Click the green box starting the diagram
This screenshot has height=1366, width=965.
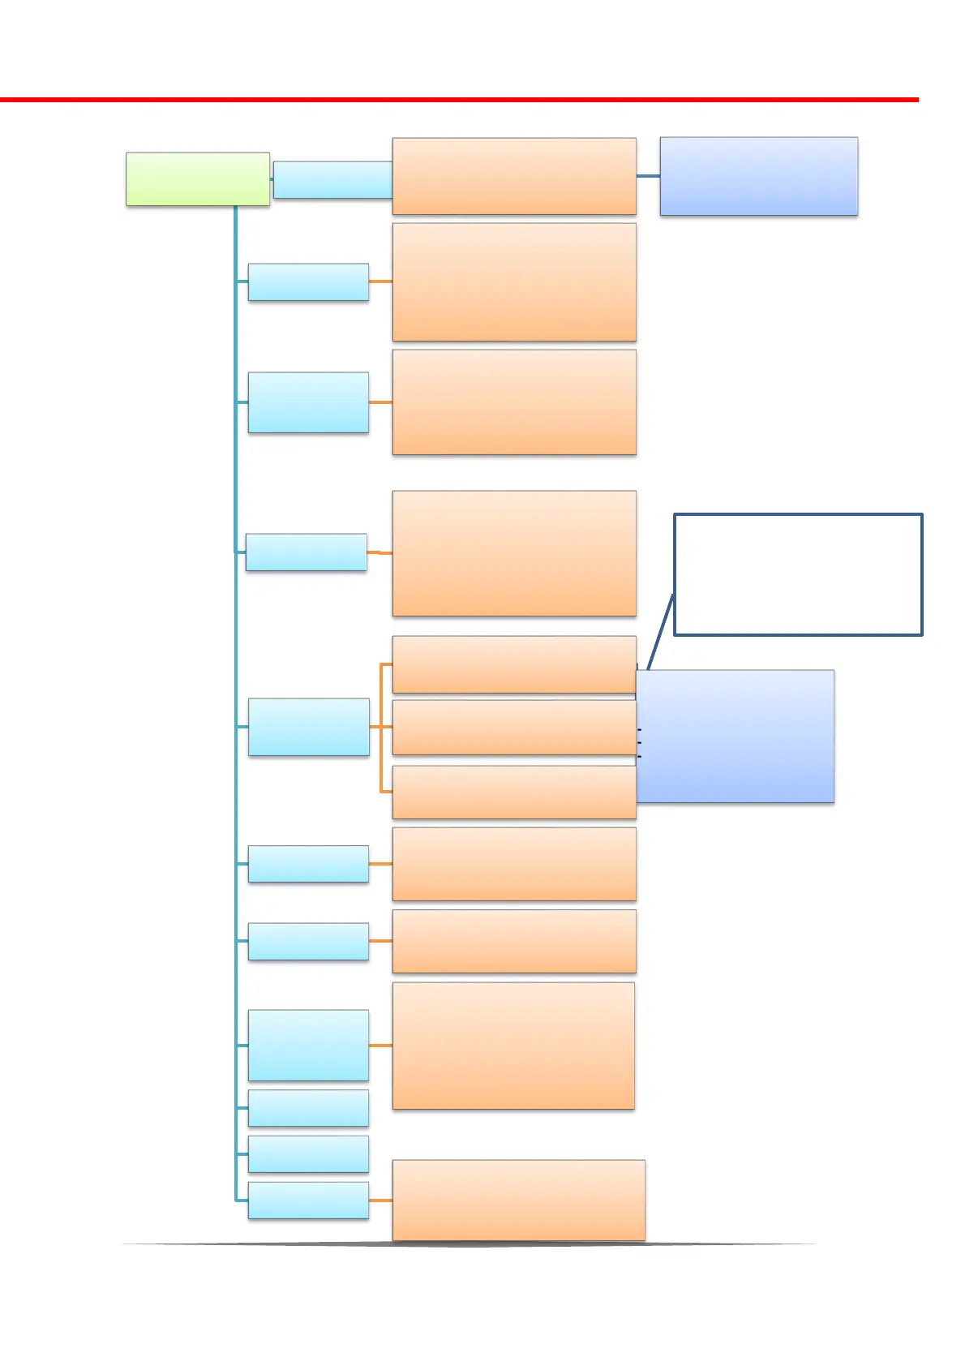pyautogui.click(x=197, y=178)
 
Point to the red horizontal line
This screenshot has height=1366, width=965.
pyautogui.click(x=458, y=100)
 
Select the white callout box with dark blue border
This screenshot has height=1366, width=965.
pyautogui.click(x=798, y=573)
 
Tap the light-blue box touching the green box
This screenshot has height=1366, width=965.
pyautogui.click(x=332, y=179)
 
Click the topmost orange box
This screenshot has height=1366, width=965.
pyautogui.click(x=513, y=176)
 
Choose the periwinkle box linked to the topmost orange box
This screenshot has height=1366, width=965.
pyautogui.click(x=758, y=176)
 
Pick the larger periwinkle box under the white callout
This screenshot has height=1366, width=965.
pyautogui.click(x=735, y=737)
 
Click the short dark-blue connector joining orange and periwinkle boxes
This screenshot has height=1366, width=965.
pyautogui.click(x=648, y=176)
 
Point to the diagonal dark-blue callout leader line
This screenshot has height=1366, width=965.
pyautogui.click(x=660, y=633)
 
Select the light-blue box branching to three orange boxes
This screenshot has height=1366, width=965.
pyautogui.click(x=308, y=727)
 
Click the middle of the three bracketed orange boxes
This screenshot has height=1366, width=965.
pyautogui.click(x=513, y=728)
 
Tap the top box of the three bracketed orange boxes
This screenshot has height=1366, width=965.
pyautogui.click(x=513, y=664)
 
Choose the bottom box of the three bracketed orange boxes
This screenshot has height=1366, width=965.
pyautogui.click(x=513, y=792)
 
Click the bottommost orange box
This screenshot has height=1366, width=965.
pyautogui.click(x=518, y=1200)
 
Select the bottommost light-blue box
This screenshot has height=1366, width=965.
pyautogui.click(x=308, y=1200)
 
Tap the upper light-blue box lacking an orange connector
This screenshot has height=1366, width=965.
pyautogui.click(x=308, y=1108)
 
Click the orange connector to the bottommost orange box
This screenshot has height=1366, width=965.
pyautogui.click(x=380, y=1200)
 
